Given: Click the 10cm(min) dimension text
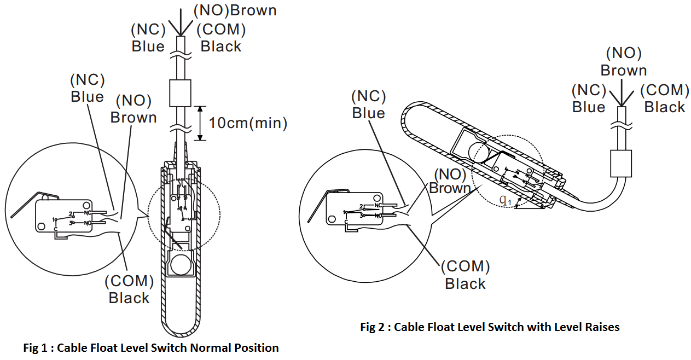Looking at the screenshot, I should tap(248, 123).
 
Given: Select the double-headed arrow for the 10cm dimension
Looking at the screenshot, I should tap(200, 123).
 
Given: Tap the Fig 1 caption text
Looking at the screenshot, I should tap(151, 348).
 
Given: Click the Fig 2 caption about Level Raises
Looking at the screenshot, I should tap(490, 327).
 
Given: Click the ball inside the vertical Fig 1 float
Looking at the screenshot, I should tap(179, 266).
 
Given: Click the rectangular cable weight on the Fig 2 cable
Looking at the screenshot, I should tap(621, 163).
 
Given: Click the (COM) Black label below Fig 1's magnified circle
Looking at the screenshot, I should tap(129, 290).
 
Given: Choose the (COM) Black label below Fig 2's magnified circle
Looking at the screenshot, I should tap(465, 275).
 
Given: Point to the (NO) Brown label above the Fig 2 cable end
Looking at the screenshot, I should tap(624, 62).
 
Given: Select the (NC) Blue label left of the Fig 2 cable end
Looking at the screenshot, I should tap(589, 98).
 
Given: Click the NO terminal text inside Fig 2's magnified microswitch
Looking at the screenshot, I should tap(378, 216).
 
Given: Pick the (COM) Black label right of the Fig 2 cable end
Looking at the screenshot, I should tap(665, 98).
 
